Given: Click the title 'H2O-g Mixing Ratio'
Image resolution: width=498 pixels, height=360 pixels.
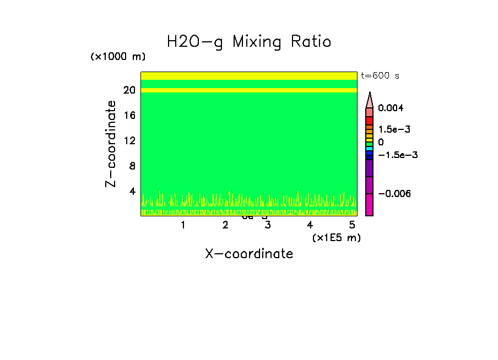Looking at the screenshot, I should (249, 42).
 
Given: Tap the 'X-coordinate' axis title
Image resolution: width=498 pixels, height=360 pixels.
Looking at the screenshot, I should (249, 254).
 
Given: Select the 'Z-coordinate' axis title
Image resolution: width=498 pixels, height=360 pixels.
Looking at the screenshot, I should (111, 144).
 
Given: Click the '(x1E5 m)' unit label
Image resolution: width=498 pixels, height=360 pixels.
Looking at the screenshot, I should (336, 237).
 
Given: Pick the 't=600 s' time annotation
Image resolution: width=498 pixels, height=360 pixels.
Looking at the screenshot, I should (380, 76).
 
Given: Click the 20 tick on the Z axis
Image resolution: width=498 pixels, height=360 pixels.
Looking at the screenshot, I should (129, 90).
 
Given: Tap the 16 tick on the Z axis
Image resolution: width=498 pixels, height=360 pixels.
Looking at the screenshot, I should (129, 116).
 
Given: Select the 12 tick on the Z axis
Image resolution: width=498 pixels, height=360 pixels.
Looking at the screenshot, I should (129, 141).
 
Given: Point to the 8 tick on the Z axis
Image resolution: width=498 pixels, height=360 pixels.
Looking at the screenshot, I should (132, 166).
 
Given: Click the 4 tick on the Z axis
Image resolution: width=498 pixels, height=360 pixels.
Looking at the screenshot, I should (132, 191).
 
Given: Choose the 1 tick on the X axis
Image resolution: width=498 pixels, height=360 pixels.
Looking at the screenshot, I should (183, 225).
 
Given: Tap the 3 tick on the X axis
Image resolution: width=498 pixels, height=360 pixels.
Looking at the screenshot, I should (267, 225).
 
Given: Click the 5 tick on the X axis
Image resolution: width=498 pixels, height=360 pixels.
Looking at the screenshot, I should (352, 225).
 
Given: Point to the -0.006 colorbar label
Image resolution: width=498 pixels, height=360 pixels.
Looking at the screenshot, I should (398, 194).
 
